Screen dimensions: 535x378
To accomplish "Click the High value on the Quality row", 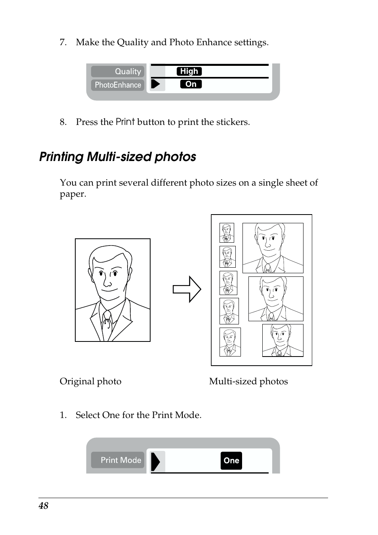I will pos(189,71).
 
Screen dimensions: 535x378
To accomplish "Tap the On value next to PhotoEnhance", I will pos(191,84).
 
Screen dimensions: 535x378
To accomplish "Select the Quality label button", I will pos(118,71).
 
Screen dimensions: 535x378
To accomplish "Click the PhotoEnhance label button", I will pos(118,85).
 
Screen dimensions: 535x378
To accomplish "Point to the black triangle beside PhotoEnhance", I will pos(156,84).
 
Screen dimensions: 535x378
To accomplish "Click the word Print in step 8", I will pos(125,122).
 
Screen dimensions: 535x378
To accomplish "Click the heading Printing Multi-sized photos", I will pos(118,157).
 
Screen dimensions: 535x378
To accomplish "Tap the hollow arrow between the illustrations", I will pos(187,289).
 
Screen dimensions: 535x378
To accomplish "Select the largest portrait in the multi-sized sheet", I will pos(273,248).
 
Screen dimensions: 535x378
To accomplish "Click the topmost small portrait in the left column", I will pos(227,233).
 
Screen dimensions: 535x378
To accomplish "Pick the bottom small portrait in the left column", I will pos(230,342).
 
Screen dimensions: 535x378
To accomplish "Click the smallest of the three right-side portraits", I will pos(283,340).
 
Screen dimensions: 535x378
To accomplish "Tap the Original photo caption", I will pos(90,381).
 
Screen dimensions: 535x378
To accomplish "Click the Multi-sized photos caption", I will pos(248,381).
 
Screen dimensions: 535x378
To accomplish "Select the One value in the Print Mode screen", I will pos(231,460).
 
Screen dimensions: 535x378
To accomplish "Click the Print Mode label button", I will pos(118,460).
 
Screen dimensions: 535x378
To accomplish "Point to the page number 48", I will pos(44,506).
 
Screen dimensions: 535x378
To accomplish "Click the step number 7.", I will pos(63,42).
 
